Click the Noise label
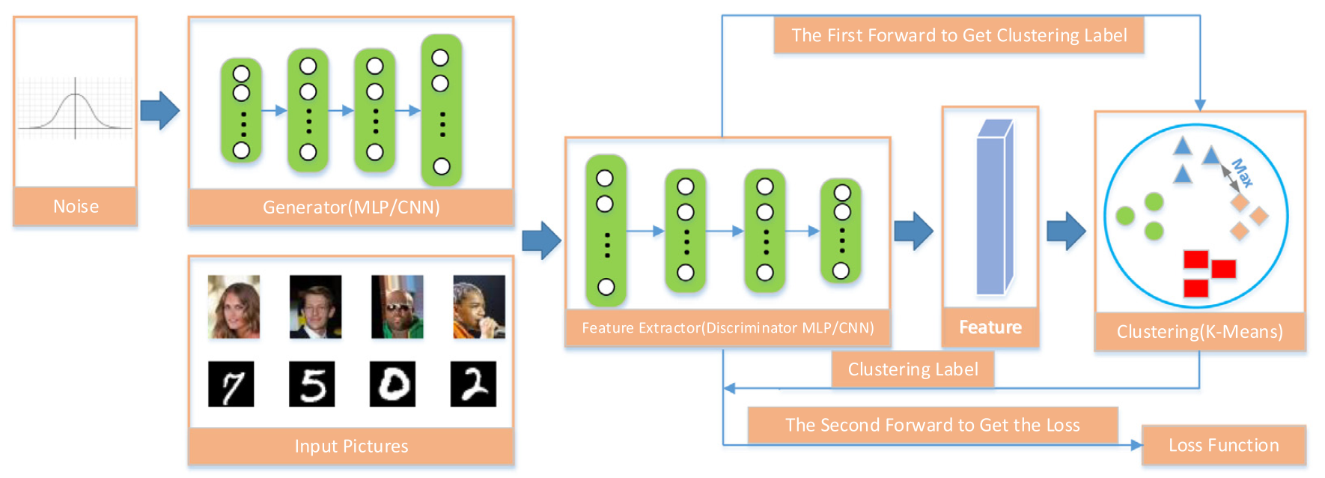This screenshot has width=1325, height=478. pyautogui.click(x=76, y=206)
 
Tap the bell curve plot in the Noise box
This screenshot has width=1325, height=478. pyautogui.click(x=75, y=109)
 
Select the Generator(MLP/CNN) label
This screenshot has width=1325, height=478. pyautogui.click(x=351, y=207)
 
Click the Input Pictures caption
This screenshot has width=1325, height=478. pyautogui.click(x=351, y=446)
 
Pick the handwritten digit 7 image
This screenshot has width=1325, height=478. pyautogui.click(x=231, y=384)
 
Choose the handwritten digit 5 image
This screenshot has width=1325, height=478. pyautogui.click(x=311, y=384)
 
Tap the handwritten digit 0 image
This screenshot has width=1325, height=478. pyautogui.click(x=392, y=384)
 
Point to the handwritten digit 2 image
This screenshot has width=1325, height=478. pyautogui.click(x=473, y=384)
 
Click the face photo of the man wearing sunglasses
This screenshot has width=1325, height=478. pyautogui.click(x=397, y=306)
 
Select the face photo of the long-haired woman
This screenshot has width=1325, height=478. pyautogui.click(x=234, y=306)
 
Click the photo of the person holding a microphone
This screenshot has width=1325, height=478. pyautogui.click(x=479, y=306)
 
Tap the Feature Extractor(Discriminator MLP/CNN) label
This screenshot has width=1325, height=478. pyautogui.click(x=728, y=327)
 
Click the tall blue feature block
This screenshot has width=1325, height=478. pyautogui.click(x=994, y=208)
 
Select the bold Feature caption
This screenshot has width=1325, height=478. pyautogui.click(x=990, y=327)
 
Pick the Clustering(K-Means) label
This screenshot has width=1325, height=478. pyautogui.click(x=1199, y=331)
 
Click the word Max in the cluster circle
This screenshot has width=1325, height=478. pyautogui.click(x=1242, y=173)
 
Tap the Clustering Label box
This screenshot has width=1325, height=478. pyautogui.click(x=913, y=369)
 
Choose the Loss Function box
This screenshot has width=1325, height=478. pyautogui.click(x=1223, y=445)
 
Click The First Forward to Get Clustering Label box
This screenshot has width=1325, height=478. pyautogui.click(x=959, y=35)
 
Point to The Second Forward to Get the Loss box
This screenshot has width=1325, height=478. pyautogui.click(x=932, y=425)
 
